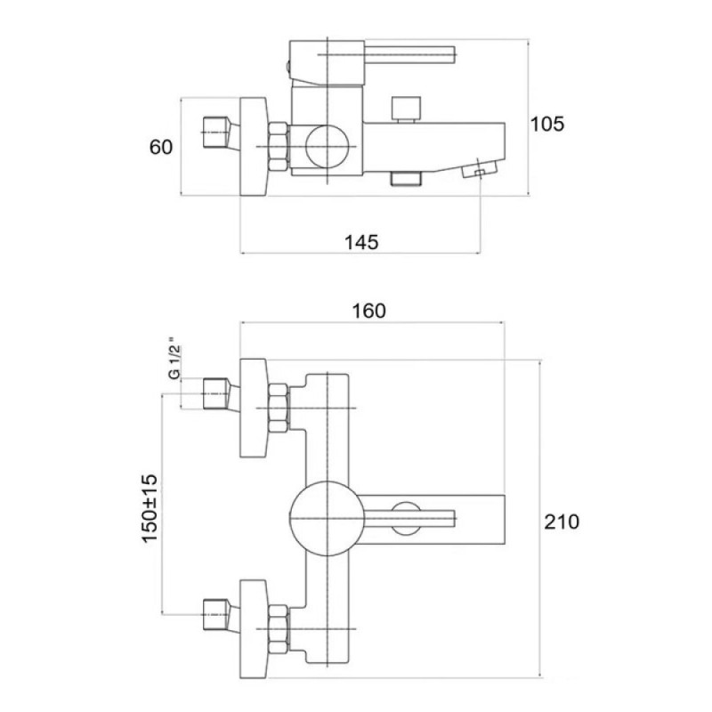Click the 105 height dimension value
point(547,124)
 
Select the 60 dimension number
point(161,147)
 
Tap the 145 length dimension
point(361,242)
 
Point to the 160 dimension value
point(369,311)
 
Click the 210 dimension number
point(562,522)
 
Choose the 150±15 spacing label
point(150,508)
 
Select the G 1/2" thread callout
point(174,359)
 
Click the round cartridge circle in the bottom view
point(327,519)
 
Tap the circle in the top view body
point(327,146)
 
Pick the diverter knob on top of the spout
point(406,109)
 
